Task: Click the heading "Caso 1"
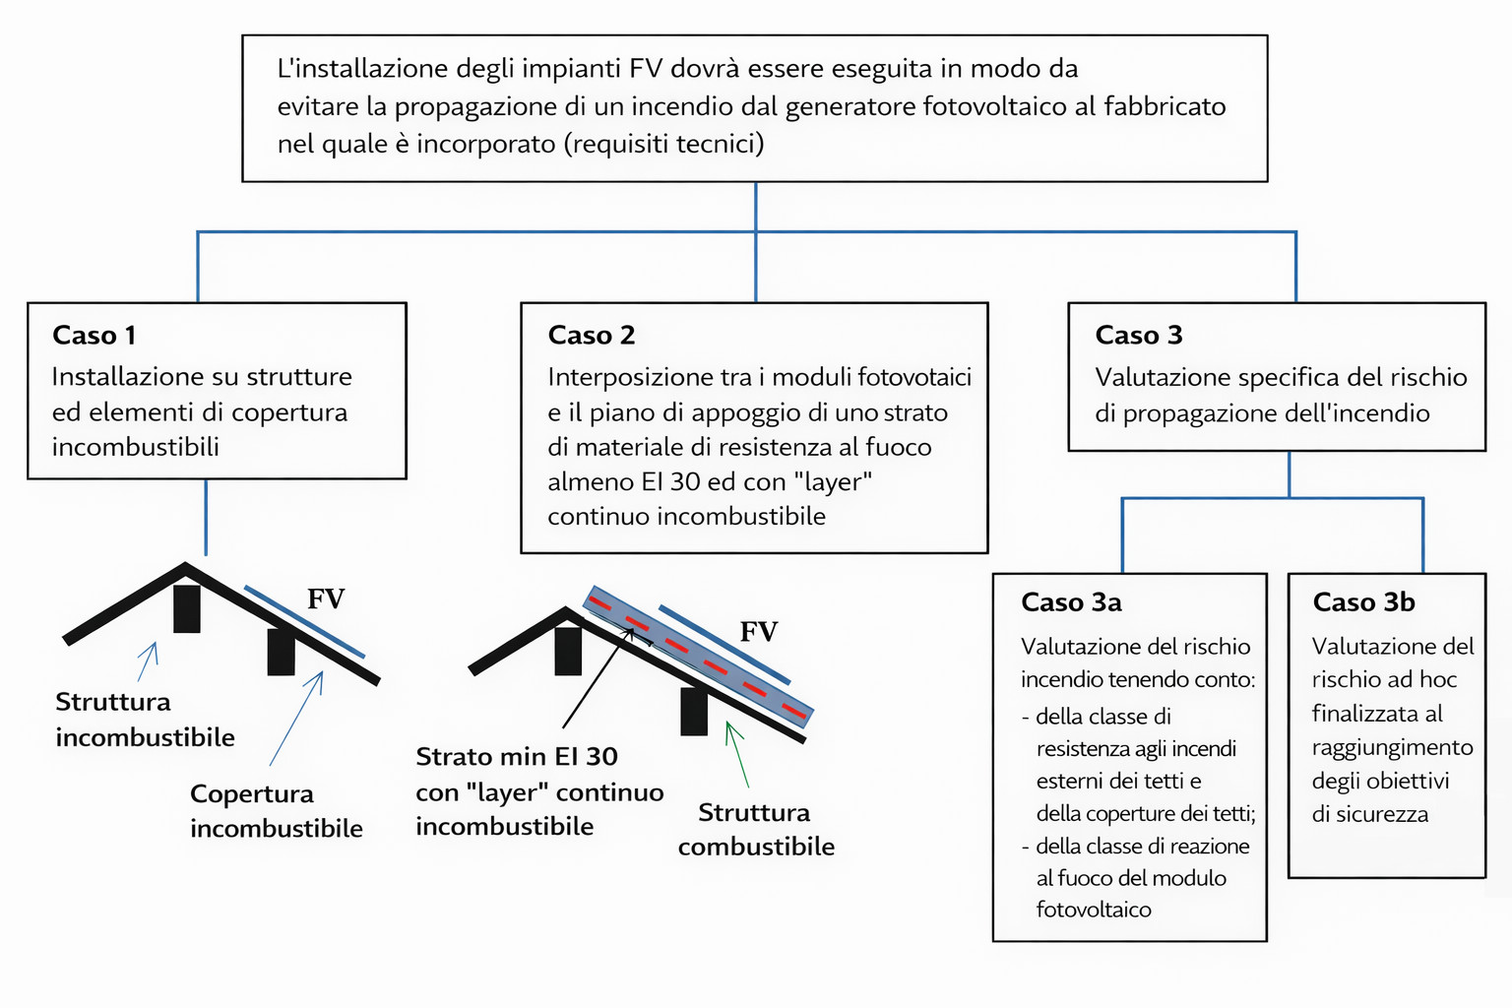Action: click(94, 336)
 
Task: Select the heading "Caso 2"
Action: click(591, 336)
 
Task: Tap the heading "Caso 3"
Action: click(1138, 336)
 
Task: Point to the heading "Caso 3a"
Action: click(1071, 602)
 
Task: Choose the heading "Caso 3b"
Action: click(1363, 602)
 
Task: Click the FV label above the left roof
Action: click(326, 599)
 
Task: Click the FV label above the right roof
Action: click(758, 632)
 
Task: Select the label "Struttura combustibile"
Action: click(755, 830)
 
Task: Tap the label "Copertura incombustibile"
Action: click(276, 811)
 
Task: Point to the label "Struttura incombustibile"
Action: click(145, 720)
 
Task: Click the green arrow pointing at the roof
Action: click(737, 754)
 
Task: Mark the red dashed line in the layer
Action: click(699, 655)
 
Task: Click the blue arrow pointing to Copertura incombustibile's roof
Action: click(296, 719)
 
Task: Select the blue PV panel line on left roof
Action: click(304, 622)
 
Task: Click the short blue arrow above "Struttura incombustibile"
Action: click(148, 661)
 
